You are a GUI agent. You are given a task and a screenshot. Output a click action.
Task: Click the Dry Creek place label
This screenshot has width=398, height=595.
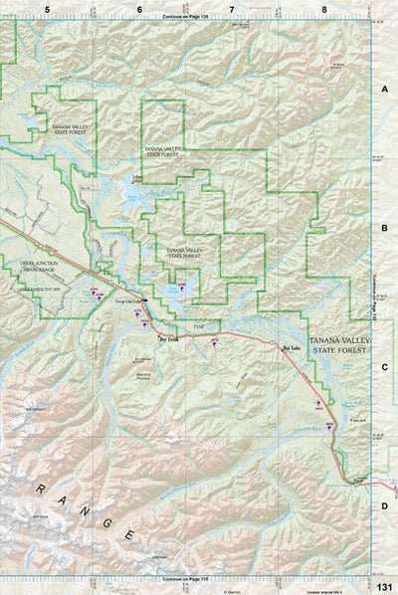[167, 337]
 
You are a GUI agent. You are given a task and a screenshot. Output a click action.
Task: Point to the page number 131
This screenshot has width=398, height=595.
[385, 585]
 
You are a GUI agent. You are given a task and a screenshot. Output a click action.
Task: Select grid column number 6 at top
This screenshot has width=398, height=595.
[139, 8]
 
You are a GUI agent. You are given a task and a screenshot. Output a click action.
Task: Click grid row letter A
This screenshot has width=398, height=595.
[385, 89]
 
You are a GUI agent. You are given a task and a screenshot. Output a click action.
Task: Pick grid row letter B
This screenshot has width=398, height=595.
[385, 228]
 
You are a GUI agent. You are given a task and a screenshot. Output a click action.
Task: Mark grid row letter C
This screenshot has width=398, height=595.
[385, 367]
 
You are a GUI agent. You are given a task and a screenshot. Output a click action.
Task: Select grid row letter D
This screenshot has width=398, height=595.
[385, 505]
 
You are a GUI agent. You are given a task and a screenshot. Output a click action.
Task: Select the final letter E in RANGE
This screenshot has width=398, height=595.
[129, 536]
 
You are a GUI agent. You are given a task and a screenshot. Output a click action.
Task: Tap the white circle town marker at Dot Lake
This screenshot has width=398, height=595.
[273, 342]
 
